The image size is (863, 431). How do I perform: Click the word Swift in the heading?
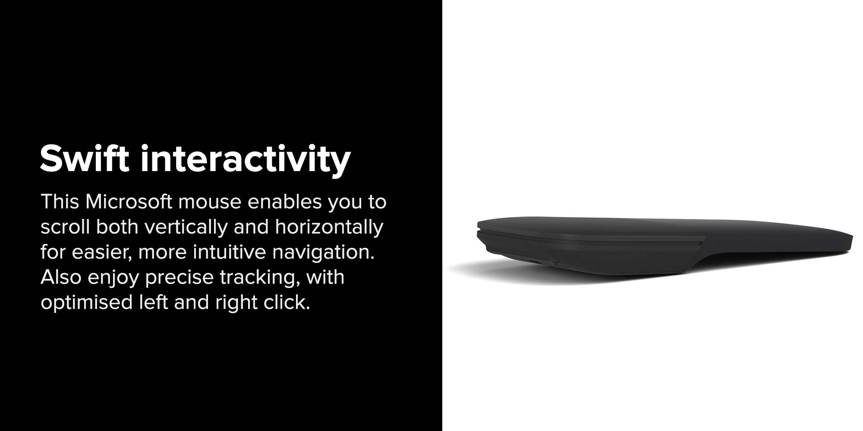click(85, 158)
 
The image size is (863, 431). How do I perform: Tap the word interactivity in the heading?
click(246, 160)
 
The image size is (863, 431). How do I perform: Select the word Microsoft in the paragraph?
click(129, 202)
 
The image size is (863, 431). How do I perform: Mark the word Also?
click(61, 277)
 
